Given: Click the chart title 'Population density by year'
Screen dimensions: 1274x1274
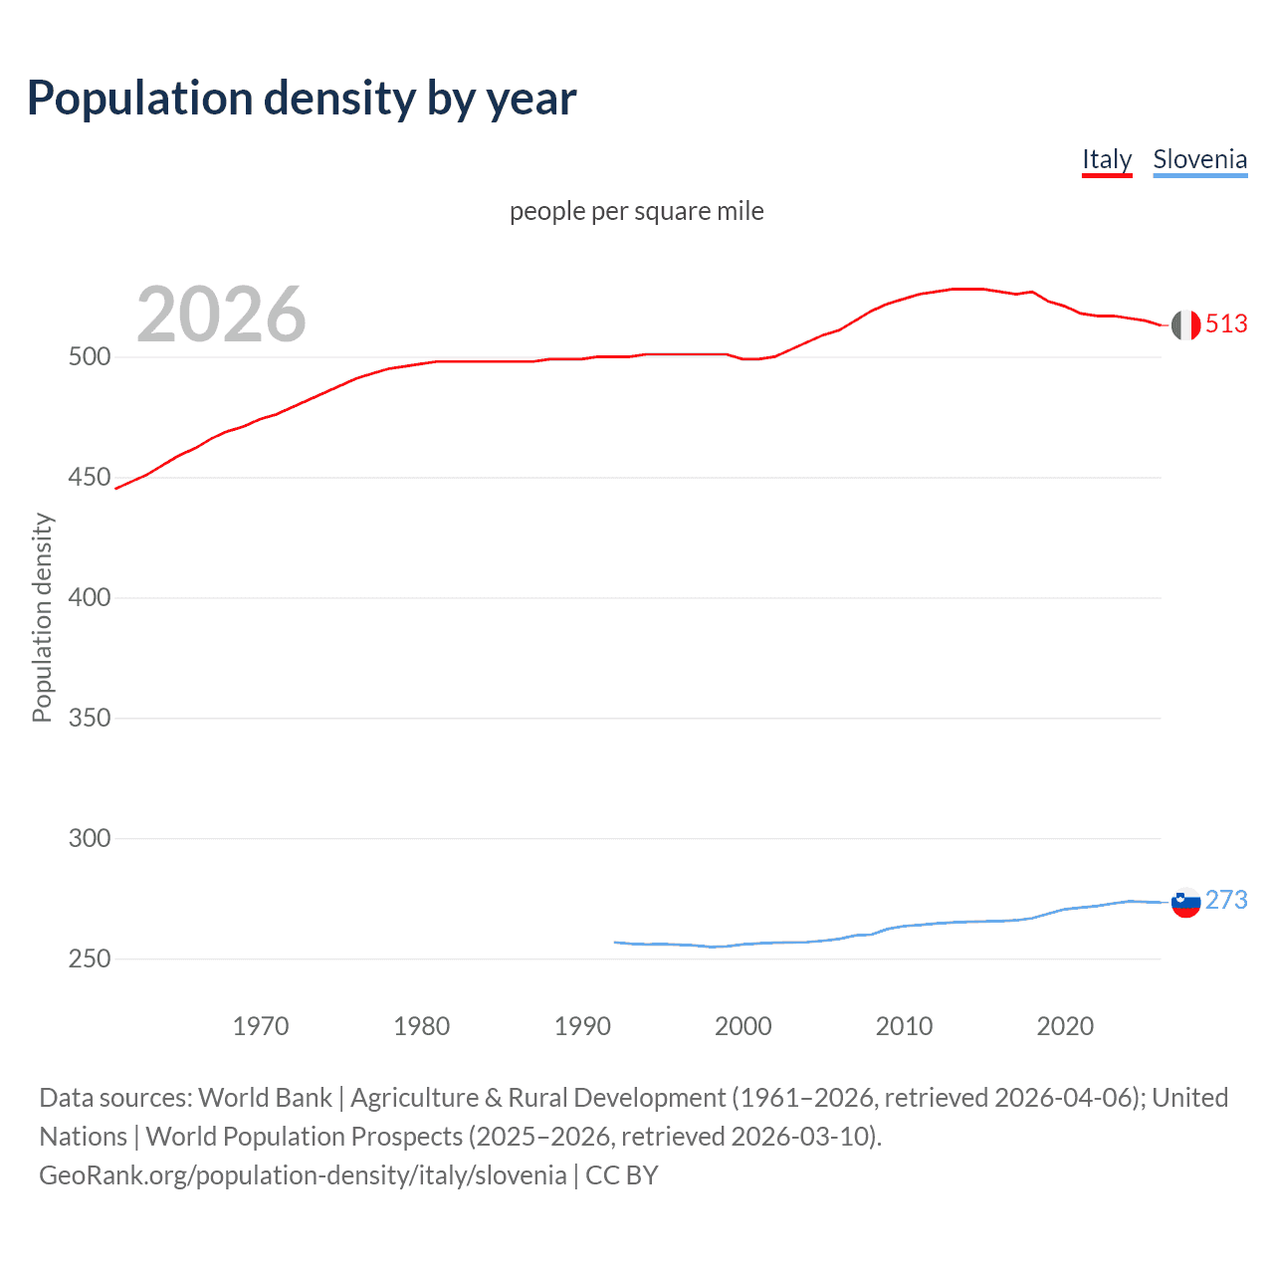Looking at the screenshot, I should pos(302,99).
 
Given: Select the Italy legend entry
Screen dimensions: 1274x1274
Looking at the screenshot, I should pos(1107,159).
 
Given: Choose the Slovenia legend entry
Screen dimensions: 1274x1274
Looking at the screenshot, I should pos(1199,159).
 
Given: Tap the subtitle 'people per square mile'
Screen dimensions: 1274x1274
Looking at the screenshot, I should pos(636,211).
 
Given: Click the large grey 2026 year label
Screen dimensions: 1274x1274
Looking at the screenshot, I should pos(221,315).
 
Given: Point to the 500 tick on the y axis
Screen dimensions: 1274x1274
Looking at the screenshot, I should pos(89,357).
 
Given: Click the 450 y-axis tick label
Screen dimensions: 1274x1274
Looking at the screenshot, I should pos(89,478).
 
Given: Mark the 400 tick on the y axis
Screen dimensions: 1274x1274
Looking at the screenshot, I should pos(89,598).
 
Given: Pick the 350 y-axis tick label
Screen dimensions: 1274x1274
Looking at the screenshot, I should pos(89,719).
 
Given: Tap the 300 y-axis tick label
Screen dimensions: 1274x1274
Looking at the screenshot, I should pos(89,839).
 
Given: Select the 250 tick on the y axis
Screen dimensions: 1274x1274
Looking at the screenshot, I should pos(89,959).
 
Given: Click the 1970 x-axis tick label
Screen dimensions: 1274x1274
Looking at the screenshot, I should pos(261,1026).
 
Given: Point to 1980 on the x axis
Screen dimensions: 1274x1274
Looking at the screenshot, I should pos(421,1026).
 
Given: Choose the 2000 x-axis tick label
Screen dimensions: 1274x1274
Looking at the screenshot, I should pos(743,1026).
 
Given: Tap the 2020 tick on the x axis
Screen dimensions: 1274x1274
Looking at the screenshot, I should pos(1065,1026).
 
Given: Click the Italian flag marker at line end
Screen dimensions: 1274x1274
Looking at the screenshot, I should pos(1185,324).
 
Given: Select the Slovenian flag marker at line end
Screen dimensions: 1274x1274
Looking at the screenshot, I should pos(1185,902).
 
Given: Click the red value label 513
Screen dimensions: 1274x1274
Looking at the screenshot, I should pos(1226,324).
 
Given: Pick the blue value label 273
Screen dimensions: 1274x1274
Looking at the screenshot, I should pos(1226,901).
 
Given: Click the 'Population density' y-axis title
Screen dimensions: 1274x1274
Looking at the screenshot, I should pos(42,617).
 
